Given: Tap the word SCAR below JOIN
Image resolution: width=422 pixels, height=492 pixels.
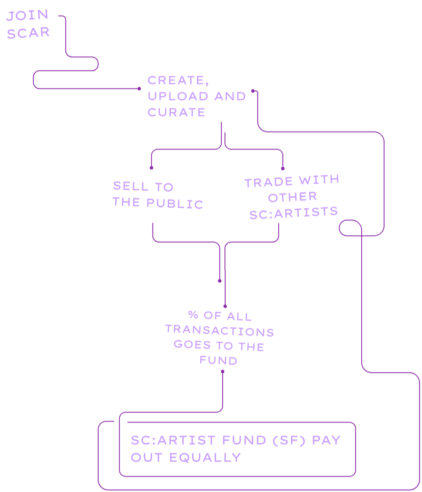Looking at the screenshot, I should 28,33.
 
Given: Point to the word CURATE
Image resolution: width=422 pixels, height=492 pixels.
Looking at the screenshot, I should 176,112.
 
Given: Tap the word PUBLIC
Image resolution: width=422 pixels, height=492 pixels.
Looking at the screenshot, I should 175,204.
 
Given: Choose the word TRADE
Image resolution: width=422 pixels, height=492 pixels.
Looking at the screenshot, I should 269,183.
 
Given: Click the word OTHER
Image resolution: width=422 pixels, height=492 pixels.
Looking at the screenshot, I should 293,197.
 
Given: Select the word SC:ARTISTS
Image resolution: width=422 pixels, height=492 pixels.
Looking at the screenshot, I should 293,212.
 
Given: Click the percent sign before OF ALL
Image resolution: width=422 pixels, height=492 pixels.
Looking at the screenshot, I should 193,315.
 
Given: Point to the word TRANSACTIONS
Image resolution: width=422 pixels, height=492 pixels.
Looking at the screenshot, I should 219,331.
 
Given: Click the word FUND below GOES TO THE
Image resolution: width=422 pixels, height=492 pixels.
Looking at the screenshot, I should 218,361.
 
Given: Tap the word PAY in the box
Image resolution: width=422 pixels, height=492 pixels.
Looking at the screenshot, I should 326,440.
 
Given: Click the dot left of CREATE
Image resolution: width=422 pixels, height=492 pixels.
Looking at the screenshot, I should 139,89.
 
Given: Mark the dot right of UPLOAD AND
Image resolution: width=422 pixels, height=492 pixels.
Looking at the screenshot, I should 253,91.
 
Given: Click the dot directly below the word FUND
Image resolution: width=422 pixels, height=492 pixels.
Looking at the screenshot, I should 223,372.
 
